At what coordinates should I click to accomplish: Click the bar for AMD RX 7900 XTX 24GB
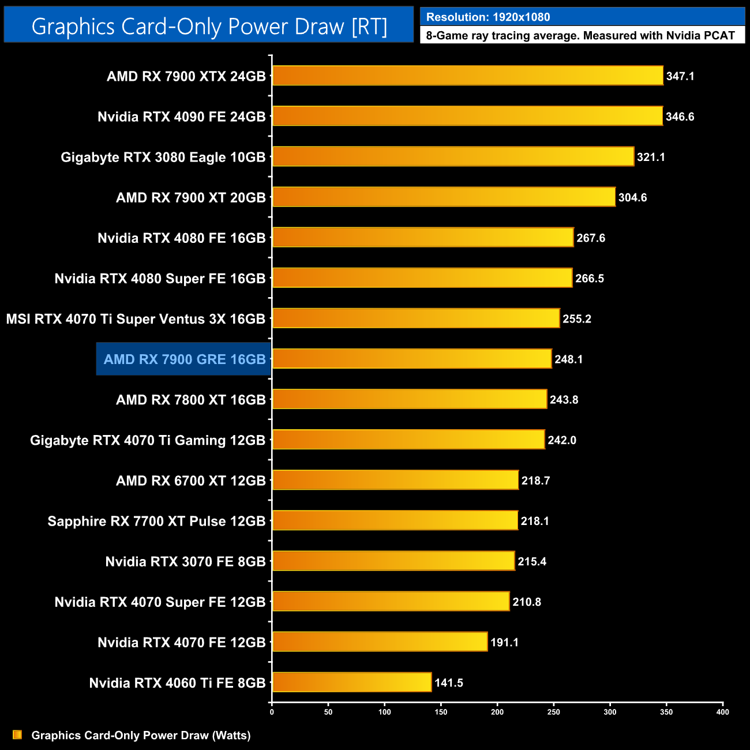pyautogui.click(x=467, y=76)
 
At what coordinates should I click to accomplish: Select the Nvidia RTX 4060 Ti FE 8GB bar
pyautogui.click(x=351, y=682)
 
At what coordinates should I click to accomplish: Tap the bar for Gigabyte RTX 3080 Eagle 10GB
pyautogui.click(x=453, y=156)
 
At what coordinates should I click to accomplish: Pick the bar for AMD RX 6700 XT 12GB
pyautogui.click(x=395, y=480)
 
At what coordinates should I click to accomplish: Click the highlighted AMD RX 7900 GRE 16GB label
pyautogui.click(x=184, y=359)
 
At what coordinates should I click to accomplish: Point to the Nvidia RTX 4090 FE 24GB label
pyautogui.click(x=181, y=117)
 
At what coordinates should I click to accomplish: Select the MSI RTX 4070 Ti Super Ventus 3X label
pyautogui.click(x=136, y=319)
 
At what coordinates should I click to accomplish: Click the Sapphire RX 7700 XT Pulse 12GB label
pyautogui.click(x=156, y=522)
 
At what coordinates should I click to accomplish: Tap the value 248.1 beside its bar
pyautogui.click(x=568, y=359)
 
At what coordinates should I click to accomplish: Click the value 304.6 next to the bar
pyautogui.click(x=632, y=198)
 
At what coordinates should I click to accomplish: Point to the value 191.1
pyautogui.click(x=504, y=643)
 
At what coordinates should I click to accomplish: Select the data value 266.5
pyautogui.click(x=589, y=279)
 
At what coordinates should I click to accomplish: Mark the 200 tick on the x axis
pyautogui.click(x=497, y=712)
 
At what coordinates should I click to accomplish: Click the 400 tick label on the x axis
pyautogui.click(x=722, y=712)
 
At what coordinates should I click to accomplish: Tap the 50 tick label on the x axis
pyautogui.click(x=328, y=712)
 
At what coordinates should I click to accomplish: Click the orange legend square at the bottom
pyautogui.click(x=17, y=735)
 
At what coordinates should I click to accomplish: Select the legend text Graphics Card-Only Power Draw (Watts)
pyautogui.click(x=141, y=736)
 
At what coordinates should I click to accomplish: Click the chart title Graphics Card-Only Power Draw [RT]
pyautogui.click(x=209, y=27)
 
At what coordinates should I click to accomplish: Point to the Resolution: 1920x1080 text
pyautogui.click(x=487, y=17)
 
